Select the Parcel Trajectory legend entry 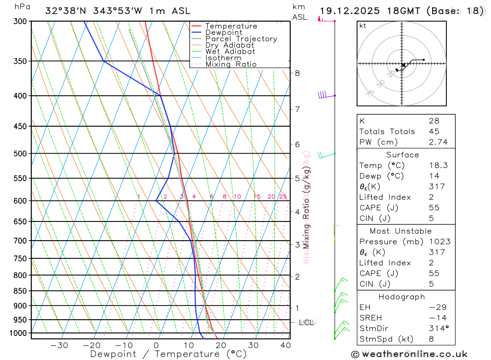click(x=241, y=39)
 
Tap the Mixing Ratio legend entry click(x=231, y=64)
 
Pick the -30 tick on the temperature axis click(x=59, y=345)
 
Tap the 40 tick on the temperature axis click(x=285, y=345)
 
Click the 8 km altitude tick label click(x=297, y=73)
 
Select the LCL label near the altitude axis click(x=306, y=323)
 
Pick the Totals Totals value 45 click(x=433, y=132)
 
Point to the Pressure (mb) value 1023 click(x=437, y=242)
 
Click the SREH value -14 click(x=435, y=318)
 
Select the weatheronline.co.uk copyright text click(x=409, y=354)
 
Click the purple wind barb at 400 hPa click(x=323, y=95)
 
